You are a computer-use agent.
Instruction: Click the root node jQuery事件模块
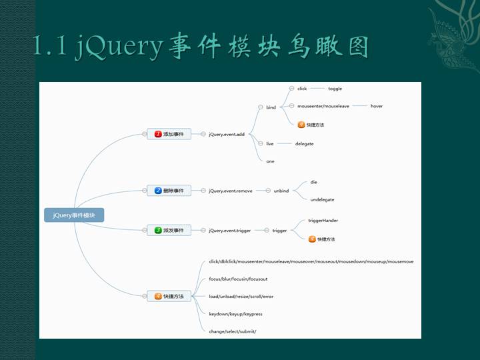click(x=74, y=215)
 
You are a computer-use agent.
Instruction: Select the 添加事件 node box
click(x=169, y=134)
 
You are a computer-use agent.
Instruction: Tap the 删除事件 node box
click(x=169, y=191)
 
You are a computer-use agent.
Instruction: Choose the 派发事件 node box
click(x=169, y=231)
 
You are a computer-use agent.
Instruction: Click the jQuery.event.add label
click(x=227, y=134)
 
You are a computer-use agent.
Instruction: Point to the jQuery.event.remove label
click(x=230, y=191)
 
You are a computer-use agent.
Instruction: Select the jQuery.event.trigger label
click(x=229, y=231)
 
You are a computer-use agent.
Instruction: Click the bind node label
click(x=271, y=107)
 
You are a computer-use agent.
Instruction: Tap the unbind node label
click(x=281, y=191)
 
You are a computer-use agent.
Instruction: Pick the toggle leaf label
click(x=335, y=89)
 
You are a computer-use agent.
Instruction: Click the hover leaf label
click(x=377, y=106)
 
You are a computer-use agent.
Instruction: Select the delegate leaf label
click(x=304, y=143)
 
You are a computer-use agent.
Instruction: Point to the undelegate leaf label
click(x=322, y=199)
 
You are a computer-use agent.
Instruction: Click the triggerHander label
click(x=323, y=220)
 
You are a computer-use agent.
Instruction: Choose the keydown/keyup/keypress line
click(x=235, y=314)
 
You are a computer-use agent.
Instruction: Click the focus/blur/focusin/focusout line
click(x=238, y=279)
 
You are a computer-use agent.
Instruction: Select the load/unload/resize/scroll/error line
click(x=241, y=296)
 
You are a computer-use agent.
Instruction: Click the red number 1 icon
click(x=158, y=134)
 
